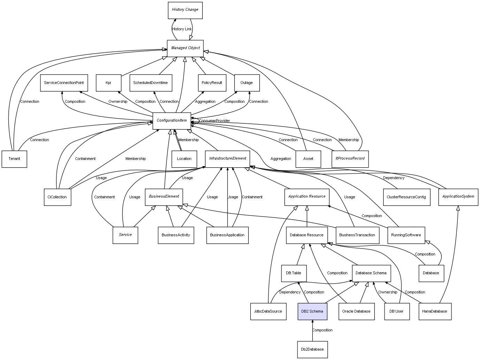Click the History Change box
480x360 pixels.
click(185, 10)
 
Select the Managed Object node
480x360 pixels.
click(185, 48)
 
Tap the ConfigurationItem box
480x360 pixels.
click(172, 121)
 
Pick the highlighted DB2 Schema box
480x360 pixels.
click(312, 311)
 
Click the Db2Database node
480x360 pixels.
click(312, 349)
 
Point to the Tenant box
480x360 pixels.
click(14, 159)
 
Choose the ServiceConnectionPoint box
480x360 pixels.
click(64, 83)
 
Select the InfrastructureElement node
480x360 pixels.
click(227, 159)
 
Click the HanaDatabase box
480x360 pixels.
click(435, 311)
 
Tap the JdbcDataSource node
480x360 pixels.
click(268, 311)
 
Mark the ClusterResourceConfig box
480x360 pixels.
click(406, 197)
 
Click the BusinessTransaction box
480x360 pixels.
click(357, 235)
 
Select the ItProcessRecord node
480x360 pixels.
click(350, 159)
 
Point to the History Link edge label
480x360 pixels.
click(182, 29)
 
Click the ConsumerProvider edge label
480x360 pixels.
click(215, 121)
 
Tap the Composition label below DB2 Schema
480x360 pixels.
click(322, 330)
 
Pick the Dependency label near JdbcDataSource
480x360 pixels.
click(290, 292)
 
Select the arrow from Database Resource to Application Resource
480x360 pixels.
click(307, 216)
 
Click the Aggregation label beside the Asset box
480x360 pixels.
click(281, 159)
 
